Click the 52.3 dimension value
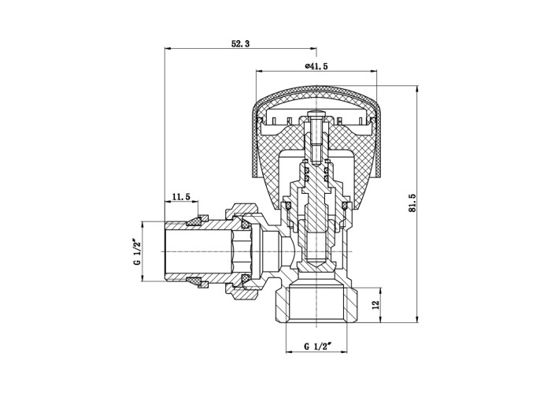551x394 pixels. [240, 44]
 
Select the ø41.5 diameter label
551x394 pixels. [316, 66]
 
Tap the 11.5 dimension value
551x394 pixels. [181, 197]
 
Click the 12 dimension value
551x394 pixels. [375, 304]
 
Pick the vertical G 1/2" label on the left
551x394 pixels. [137, 252]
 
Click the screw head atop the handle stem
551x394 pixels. [316, 113]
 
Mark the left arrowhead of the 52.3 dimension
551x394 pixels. [168, 49]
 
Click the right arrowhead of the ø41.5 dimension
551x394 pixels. [373, 72]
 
